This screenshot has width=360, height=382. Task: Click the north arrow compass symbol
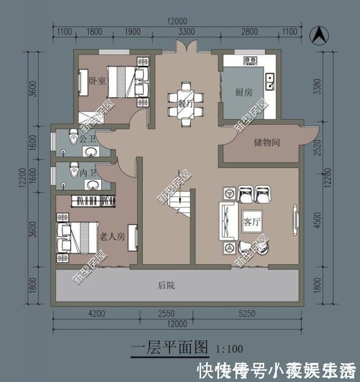318,35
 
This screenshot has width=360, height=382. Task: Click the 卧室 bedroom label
97,80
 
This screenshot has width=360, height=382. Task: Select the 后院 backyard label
166,286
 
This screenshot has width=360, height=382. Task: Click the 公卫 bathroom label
88,138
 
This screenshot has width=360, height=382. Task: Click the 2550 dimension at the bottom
167,313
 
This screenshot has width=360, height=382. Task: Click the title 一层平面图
170,347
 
